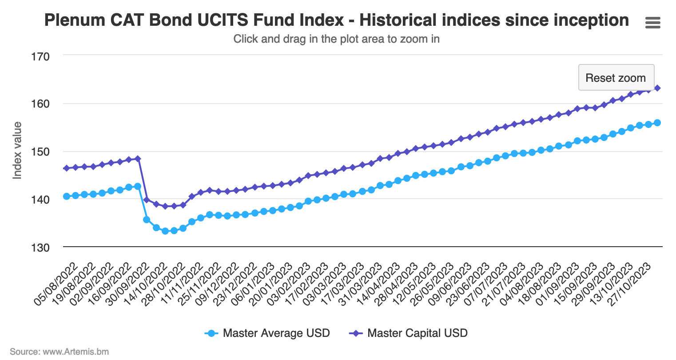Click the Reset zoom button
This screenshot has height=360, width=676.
pos(616,78)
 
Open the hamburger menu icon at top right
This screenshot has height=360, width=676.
pos(652,23)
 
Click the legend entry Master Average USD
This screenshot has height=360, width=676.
pos(276,333)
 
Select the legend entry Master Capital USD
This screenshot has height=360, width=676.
pos(417,333)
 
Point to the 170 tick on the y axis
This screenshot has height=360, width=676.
pos(40,56)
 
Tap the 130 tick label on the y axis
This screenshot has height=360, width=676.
pos(40,247)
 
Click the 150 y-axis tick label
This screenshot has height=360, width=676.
pos(40,152)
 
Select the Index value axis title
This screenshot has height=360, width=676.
pos(17,151)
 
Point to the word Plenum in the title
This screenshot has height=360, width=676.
pos(73,20)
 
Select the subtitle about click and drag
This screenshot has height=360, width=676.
pos(336,39)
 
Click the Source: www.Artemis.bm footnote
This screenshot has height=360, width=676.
pos(59,352)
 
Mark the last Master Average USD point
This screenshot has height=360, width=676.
pos(657,123)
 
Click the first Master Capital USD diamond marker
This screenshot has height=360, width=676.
pos(67,168)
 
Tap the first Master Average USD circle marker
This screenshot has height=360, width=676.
pos(67,196)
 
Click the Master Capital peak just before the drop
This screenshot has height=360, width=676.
pos(138,159)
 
